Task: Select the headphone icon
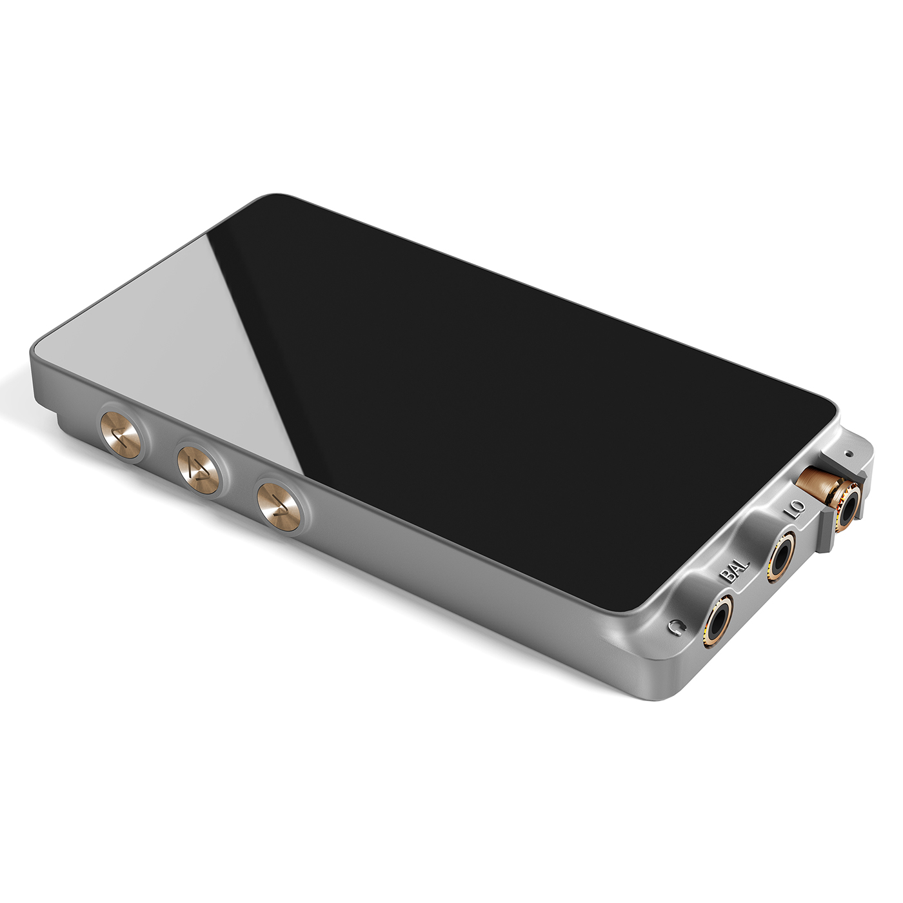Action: tap(675, 627)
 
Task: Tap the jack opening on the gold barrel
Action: tap(850, 503)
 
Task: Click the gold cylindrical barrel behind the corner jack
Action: tap(814, 480)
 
